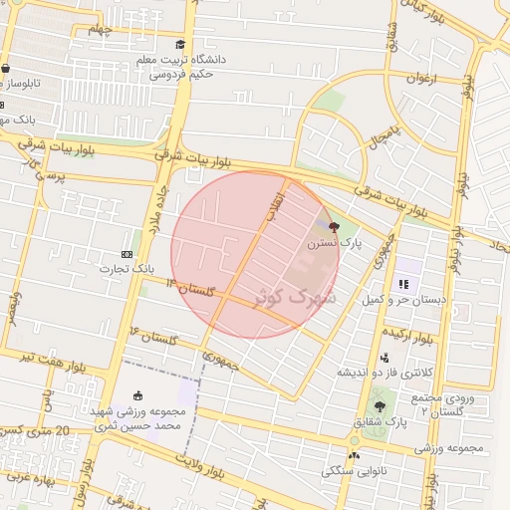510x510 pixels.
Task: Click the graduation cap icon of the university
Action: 180,45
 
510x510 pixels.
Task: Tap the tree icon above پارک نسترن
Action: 333,227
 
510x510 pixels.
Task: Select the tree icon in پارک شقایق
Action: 379,406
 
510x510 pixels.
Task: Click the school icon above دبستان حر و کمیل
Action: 403,284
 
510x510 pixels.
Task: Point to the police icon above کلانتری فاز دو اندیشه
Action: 384,359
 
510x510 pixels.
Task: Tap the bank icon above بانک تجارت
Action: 127,254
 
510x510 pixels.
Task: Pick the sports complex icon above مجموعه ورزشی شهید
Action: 137,395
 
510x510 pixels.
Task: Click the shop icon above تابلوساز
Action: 6,69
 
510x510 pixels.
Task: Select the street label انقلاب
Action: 275,204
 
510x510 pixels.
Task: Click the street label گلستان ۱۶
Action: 149,336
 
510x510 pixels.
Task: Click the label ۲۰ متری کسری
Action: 40,430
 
